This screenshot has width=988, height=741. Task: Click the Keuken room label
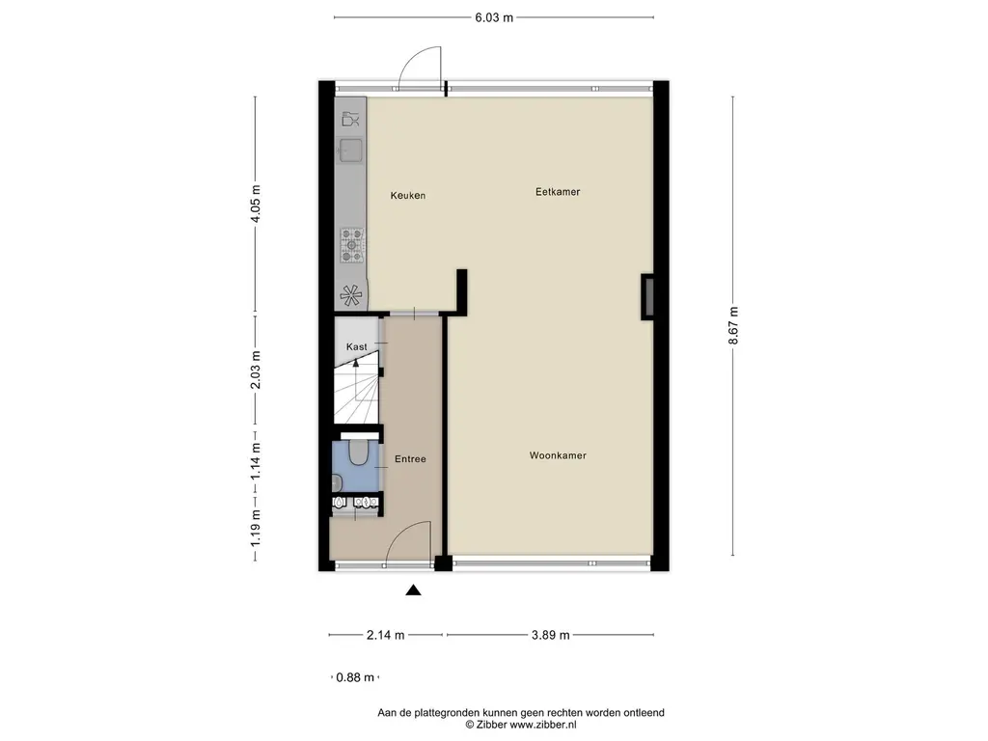click(407, 196)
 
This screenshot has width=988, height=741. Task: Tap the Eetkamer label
click(558, 192)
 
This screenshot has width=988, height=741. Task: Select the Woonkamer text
click(558, 455)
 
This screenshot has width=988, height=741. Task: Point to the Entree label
click(410, 459)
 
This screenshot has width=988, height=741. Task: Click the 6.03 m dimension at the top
click(493, 16)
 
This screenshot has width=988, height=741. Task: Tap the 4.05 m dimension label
click(256, 204)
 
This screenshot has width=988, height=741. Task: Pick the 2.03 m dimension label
click(256, 370)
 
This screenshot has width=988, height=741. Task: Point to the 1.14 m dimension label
click(256, 461)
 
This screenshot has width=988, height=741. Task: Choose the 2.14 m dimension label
click(385, 635)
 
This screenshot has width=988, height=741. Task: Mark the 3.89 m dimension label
click(551, 635)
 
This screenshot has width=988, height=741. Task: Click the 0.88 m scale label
click(354, 677)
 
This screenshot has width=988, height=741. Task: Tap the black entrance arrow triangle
click(413, 591)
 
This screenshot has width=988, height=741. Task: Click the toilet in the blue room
click(357, 451)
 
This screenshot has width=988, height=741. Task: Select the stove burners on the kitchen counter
click(352, 245)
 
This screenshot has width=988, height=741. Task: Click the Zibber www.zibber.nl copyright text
click(521, 724)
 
